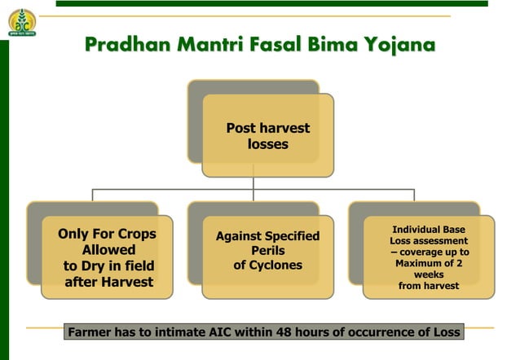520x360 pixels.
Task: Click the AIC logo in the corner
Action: point(22,22)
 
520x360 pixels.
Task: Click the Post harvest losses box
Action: point(267,136)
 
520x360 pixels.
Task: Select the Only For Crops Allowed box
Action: point(107,257)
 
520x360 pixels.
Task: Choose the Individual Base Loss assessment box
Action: point(429,257)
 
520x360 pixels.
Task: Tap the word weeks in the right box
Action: point(429,275)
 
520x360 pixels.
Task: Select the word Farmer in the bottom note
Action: point(92,332)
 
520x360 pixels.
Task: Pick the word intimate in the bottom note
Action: point(183,332)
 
